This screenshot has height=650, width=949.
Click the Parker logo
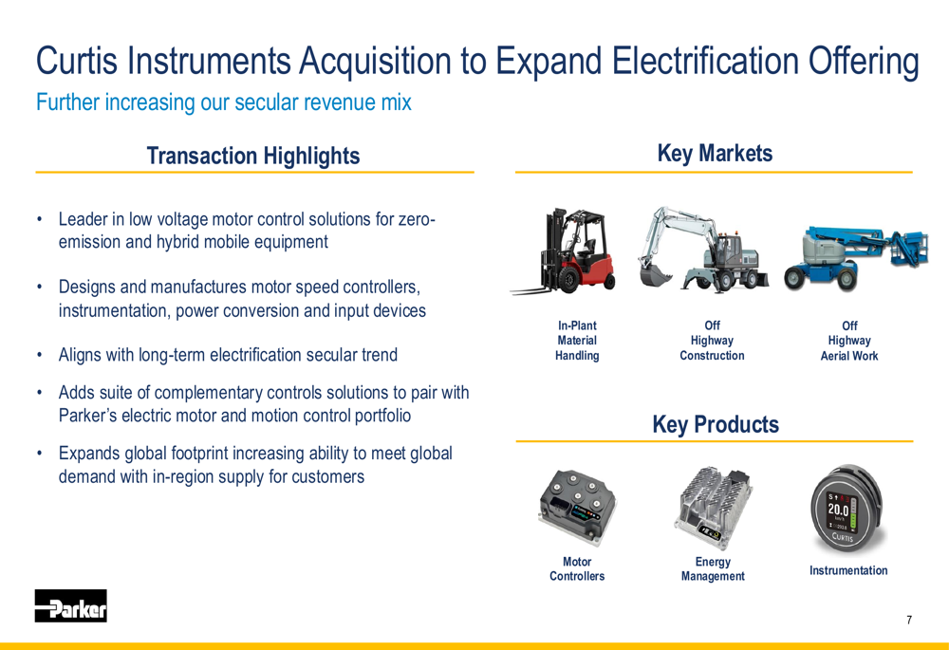(x=71, y=605)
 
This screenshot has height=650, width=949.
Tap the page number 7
(x=909, y=620)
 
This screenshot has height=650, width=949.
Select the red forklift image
(x=564, y=252)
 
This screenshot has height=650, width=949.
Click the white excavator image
(x=702, y=250)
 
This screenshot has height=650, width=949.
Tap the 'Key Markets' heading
(x=715, y=154)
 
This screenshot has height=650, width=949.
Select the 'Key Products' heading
(x=716, y=424)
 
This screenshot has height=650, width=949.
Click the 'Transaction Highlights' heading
(x=253, y=157)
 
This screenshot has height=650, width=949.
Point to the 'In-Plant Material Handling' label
(x=577, y=341)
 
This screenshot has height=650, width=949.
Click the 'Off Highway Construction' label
(x=713, y=341)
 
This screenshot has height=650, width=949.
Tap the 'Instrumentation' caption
(x=848, y=570)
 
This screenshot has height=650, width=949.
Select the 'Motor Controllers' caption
(x=577, y=569)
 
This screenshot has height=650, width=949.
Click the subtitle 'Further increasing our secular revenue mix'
(x=224, y=102)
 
